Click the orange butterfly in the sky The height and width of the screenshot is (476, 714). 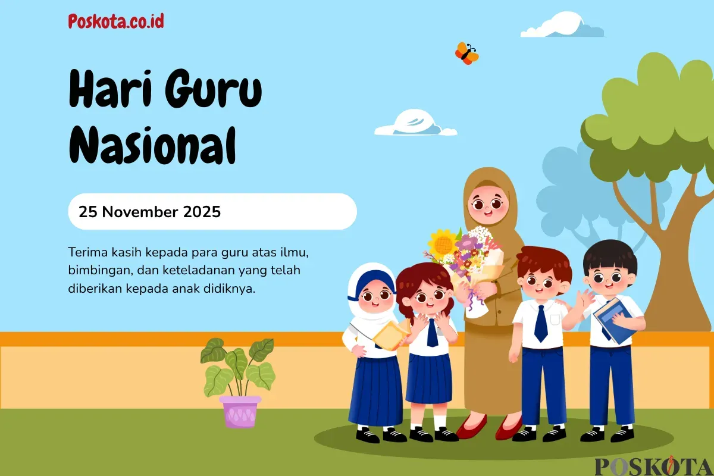[466, 54]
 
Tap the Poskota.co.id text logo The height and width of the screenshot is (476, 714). [116, 22]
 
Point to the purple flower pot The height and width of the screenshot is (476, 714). [240, 411]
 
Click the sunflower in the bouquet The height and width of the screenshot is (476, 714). [443, 243]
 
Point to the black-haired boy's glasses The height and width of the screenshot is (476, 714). [609, 277]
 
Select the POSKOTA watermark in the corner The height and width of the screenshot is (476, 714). [653, 466]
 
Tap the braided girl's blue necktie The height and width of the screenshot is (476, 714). [432, 333]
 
